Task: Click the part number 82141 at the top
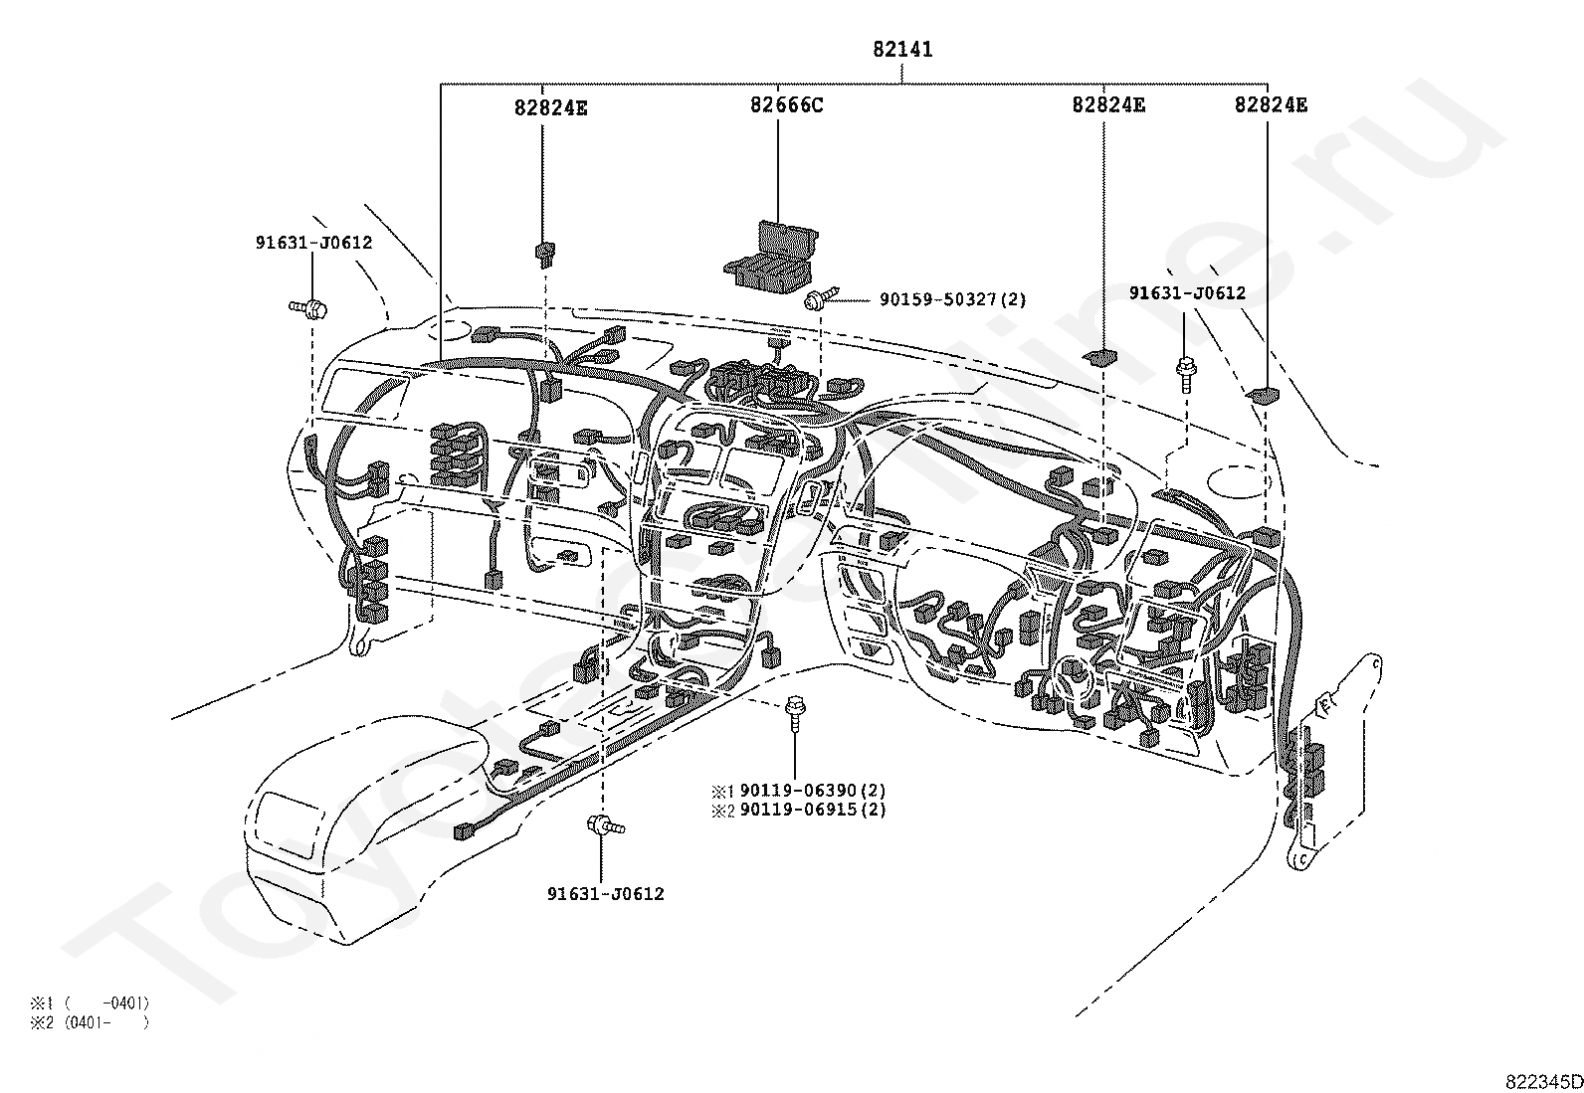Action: [x=902, y=49]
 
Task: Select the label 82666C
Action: [x=786, y=104]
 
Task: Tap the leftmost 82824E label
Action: [x=550, y=107]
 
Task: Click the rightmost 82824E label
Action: [x=1271, y=104]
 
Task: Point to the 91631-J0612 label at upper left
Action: [x=314, y=243]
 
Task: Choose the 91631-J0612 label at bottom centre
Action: [x=605, y=894]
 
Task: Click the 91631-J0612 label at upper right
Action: [x=1187, y=292]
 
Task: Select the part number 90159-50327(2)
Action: [x=952, y=299]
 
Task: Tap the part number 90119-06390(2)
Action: [x=813, y=790]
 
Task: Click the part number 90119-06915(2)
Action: [x=813, y=809]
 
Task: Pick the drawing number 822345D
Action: [x=1543, y=1082]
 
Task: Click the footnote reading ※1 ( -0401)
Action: [x=90, y=1002]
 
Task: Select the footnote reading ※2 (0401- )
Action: [x=90, y=1022]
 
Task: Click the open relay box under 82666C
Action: [x=770, y=256]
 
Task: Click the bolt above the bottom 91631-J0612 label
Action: [x=605, y=824]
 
